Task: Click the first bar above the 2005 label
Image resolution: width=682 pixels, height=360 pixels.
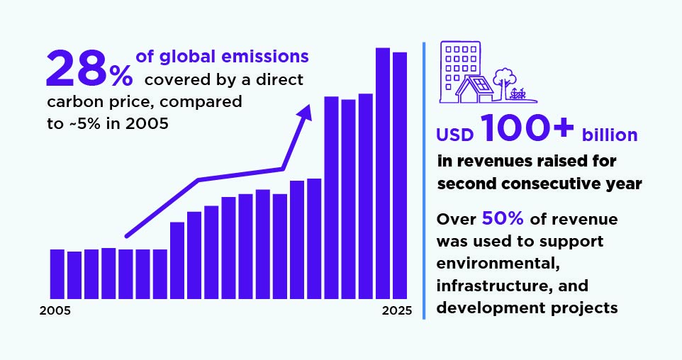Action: (x=57, y=274)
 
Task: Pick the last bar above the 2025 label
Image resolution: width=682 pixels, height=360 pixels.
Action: (x=400, y=175)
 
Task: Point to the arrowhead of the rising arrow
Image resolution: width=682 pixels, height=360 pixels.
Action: (x=306, y=113)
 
